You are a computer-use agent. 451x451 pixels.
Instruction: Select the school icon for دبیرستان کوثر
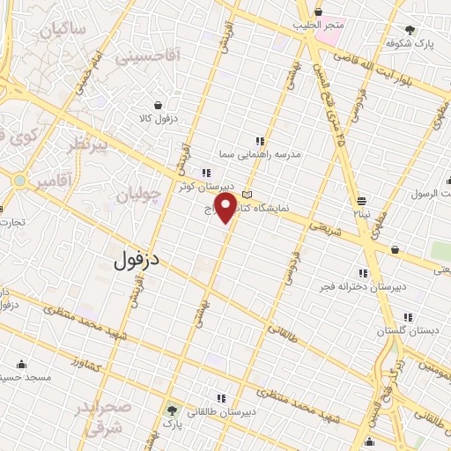205,173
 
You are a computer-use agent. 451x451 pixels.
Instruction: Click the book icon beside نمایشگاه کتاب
248,194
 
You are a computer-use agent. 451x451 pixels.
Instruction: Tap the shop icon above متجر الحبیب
319,12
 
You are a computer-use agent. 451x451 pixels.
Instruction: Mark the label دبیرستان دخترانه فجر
362,286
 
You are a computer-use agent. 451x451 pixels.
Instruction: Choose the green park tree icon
172,410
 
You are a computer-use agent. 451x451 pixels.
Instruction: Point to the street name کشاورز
89,365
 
